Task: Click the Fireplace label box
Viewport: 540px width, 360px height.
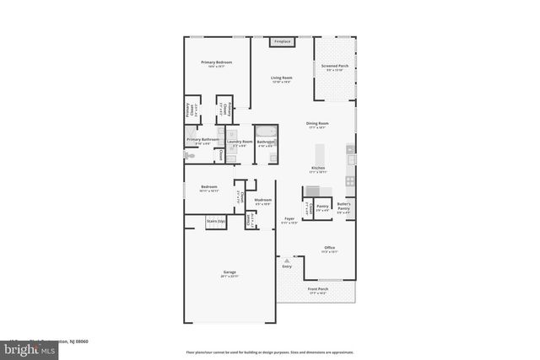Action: click(x=281, y=41)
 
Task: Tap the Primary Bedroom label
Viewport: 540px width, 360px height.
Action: click(x=216, y=63)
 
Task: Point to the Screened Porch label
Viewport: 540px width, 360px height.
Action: click(x=337, y=67)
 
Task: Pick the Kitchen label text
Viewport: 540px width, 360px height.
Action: click(x=317, y=169)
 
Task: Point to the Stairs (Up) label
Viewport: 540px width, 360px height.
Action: click(x=216, y=222)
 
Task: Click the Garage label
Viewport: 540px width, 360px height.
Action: click(x=229, y=274)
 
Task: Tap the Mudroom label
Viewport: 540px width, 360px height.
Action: click(x=262, y=201)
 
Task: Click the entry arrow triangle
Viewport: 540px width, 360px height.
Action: click(x=285, y=261)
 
